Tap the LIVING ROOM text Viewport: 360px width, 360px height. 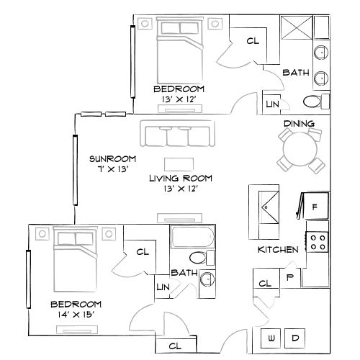[x=174, y=178]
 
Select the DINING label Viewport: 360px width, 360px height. [x=299, y=123]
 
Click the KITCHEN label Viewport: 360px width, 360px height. [x=278, y=250]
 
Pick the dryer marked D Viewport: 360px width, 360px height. [x=296, y=338]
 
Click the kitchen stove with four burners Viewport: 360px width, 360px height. [x=317, y=242]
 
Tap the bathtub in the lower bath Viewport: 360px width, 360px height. [x=192, y=237]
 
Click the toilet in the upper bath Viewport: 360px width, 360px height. [x=312, y=100]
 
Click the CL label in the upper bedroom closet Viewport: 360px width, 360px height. [x=252, y=42]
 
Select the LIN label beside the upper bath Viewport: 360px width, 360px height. [x=272, y=104]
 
